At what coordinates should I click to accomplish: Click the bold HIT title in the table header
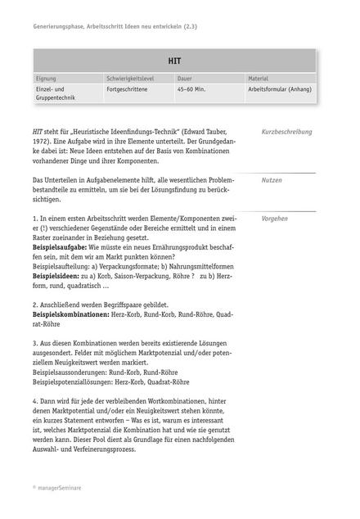(174, 61)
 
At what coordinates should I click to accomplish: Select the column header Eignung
(47, 79)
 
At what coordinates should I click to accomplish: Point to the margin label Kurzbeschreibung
(286, 132)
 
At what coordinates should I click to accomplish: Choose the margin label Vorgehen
(274, 219)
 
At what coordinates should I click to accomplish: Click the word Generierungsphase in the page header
(59, 26)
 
